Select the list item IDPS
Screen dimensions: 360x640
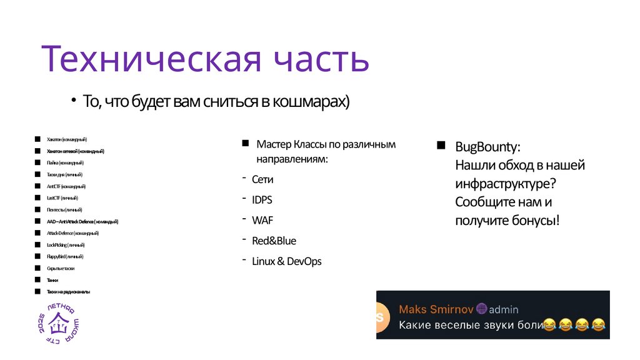pyautogui.click(x=262, y=200)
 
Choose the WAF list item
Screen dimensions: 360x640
pyautogui.click(x=262, y=221)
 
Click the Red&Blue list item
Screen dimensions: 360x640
pyautogui.click(x=274, y=241)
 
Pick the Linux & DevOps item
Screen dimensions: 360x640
pyautogui.click(x=286, y=261)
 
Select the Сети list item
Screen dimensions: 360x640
pyautogui.click(x=262, y=179)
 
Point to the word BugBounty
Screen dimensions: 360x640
pyautogui.click(x=487, y=147)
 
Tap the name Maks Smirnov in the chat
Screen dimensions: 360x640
pyautogui.click(x=436, y=309)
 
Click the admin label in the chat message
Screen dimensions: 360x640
pyautogui.click(x=504, y=309)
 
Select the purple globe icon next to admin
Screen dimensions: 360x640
pyautogui.click(x=481, y=309)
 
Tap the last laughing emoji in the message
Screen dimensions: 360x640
pyautogui.click(x=599, y=325)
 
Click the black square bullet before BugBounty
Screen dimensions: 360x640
pyautogui.click(x=441, y=146)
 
